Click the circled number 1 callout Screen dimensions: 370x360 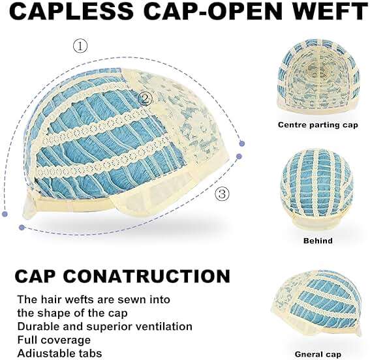[x=80, y=46]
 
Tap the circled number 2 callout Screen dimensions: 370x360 [x=145, y=98]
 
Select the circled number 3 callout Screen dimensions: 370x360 [x=222, y=194]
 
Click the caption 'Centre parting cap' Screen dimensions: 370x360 [x=318, y=125]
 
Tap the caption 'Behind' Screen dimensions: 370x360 [x=318, y=241]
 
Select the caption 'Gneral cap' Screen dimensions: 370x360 [x=318, y=354]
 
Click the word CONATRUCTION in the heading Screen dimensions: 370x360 [x=147, y=276]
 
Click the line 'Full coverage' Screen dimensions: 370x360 [x=54, y=340]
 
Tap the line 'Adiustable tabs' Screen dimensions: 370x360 [x=59, y=353]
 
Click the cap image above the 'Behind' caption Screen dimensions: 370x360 [x=317, y=190]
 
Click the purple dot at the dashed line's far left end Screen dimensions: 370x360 [x=5, y=214]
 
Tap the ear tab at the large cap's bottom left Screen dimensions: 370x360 [x=30, y=206]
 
